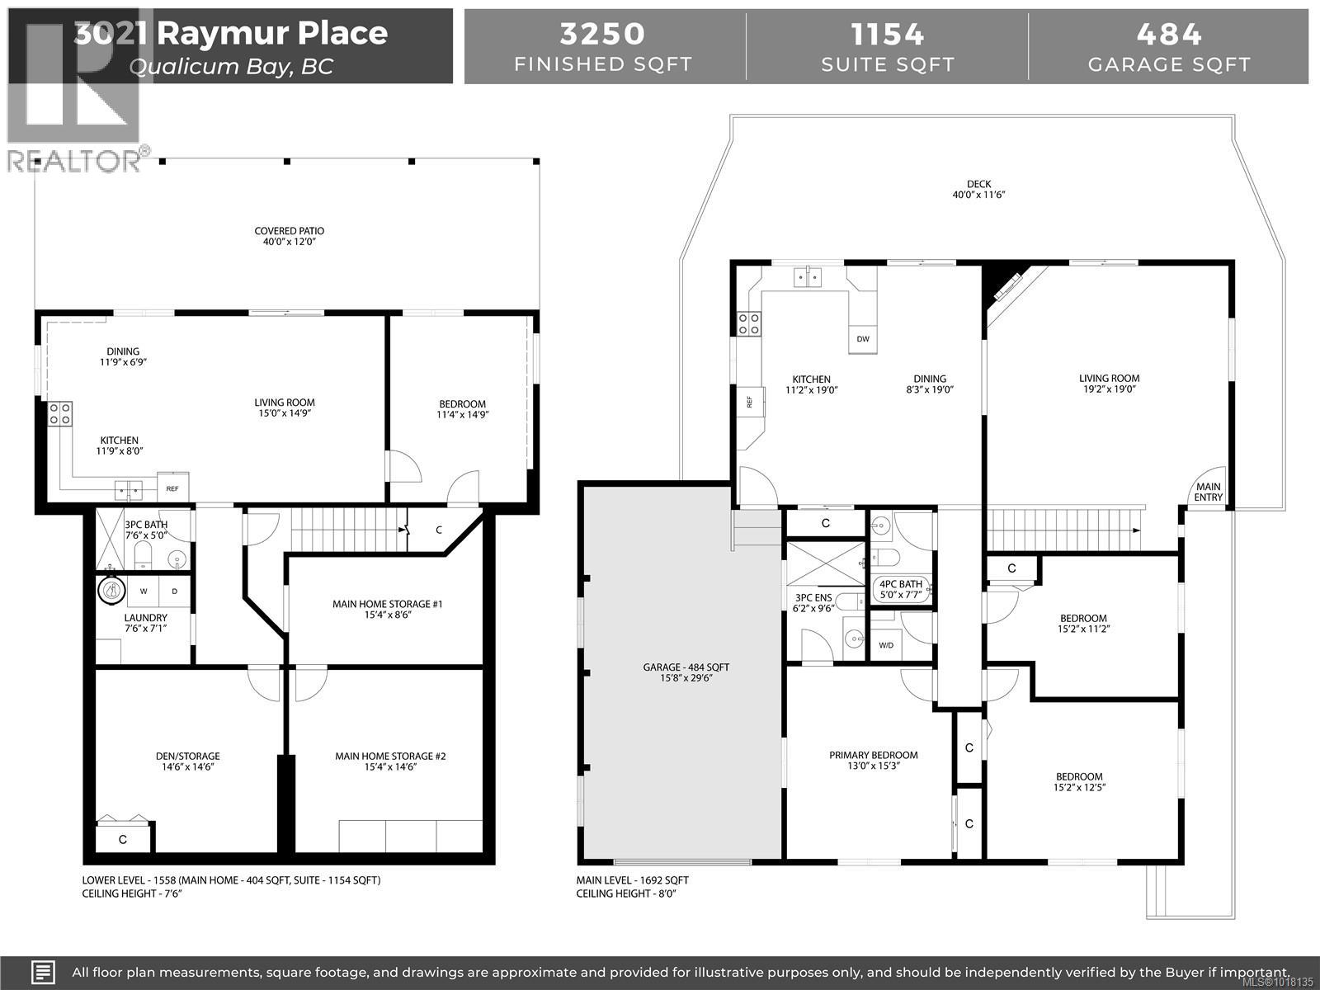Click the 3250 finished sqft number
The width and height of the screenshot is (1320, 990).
pos(602,34)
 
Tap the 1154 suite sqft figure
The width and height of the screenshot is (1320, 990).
pos(887,34)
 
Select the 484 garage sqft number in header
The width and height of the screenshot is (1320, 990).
pos(1169,34)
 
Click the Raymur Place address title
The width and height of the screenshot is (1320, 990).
pos(230,34)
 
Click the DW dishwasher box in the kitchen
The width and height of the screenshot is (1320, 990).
pos(863,339)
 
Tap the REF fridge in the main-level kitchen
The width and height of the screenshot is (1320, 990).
pos(749,403)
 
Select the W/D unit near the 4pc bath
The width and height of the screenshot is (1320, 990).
pos(886,645)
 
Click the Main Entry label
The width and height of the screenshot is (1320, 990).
pos(1209,493)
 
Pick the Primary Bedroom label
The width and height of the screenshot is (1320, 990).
pos(873,760)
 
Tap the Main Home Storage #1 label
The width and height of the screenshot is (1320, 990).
pos(387,609)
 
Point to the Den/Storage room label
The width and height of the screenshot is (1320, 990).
pos(188,761)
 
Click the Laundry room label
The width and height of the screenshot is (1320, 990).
pos(145,623)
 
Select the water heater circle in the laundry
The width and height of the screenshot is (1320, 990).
pos(111,590)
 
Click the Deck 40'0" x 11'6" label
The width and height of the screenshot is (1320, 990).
pos(979,190)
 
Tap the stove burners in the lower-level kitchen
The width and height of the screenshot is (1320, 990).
pos(60,413)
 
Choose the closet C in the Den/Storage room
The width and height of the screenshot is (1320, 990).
pos(123,840)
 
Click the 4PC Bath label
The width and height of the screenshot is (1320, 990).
pos(899,589)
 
